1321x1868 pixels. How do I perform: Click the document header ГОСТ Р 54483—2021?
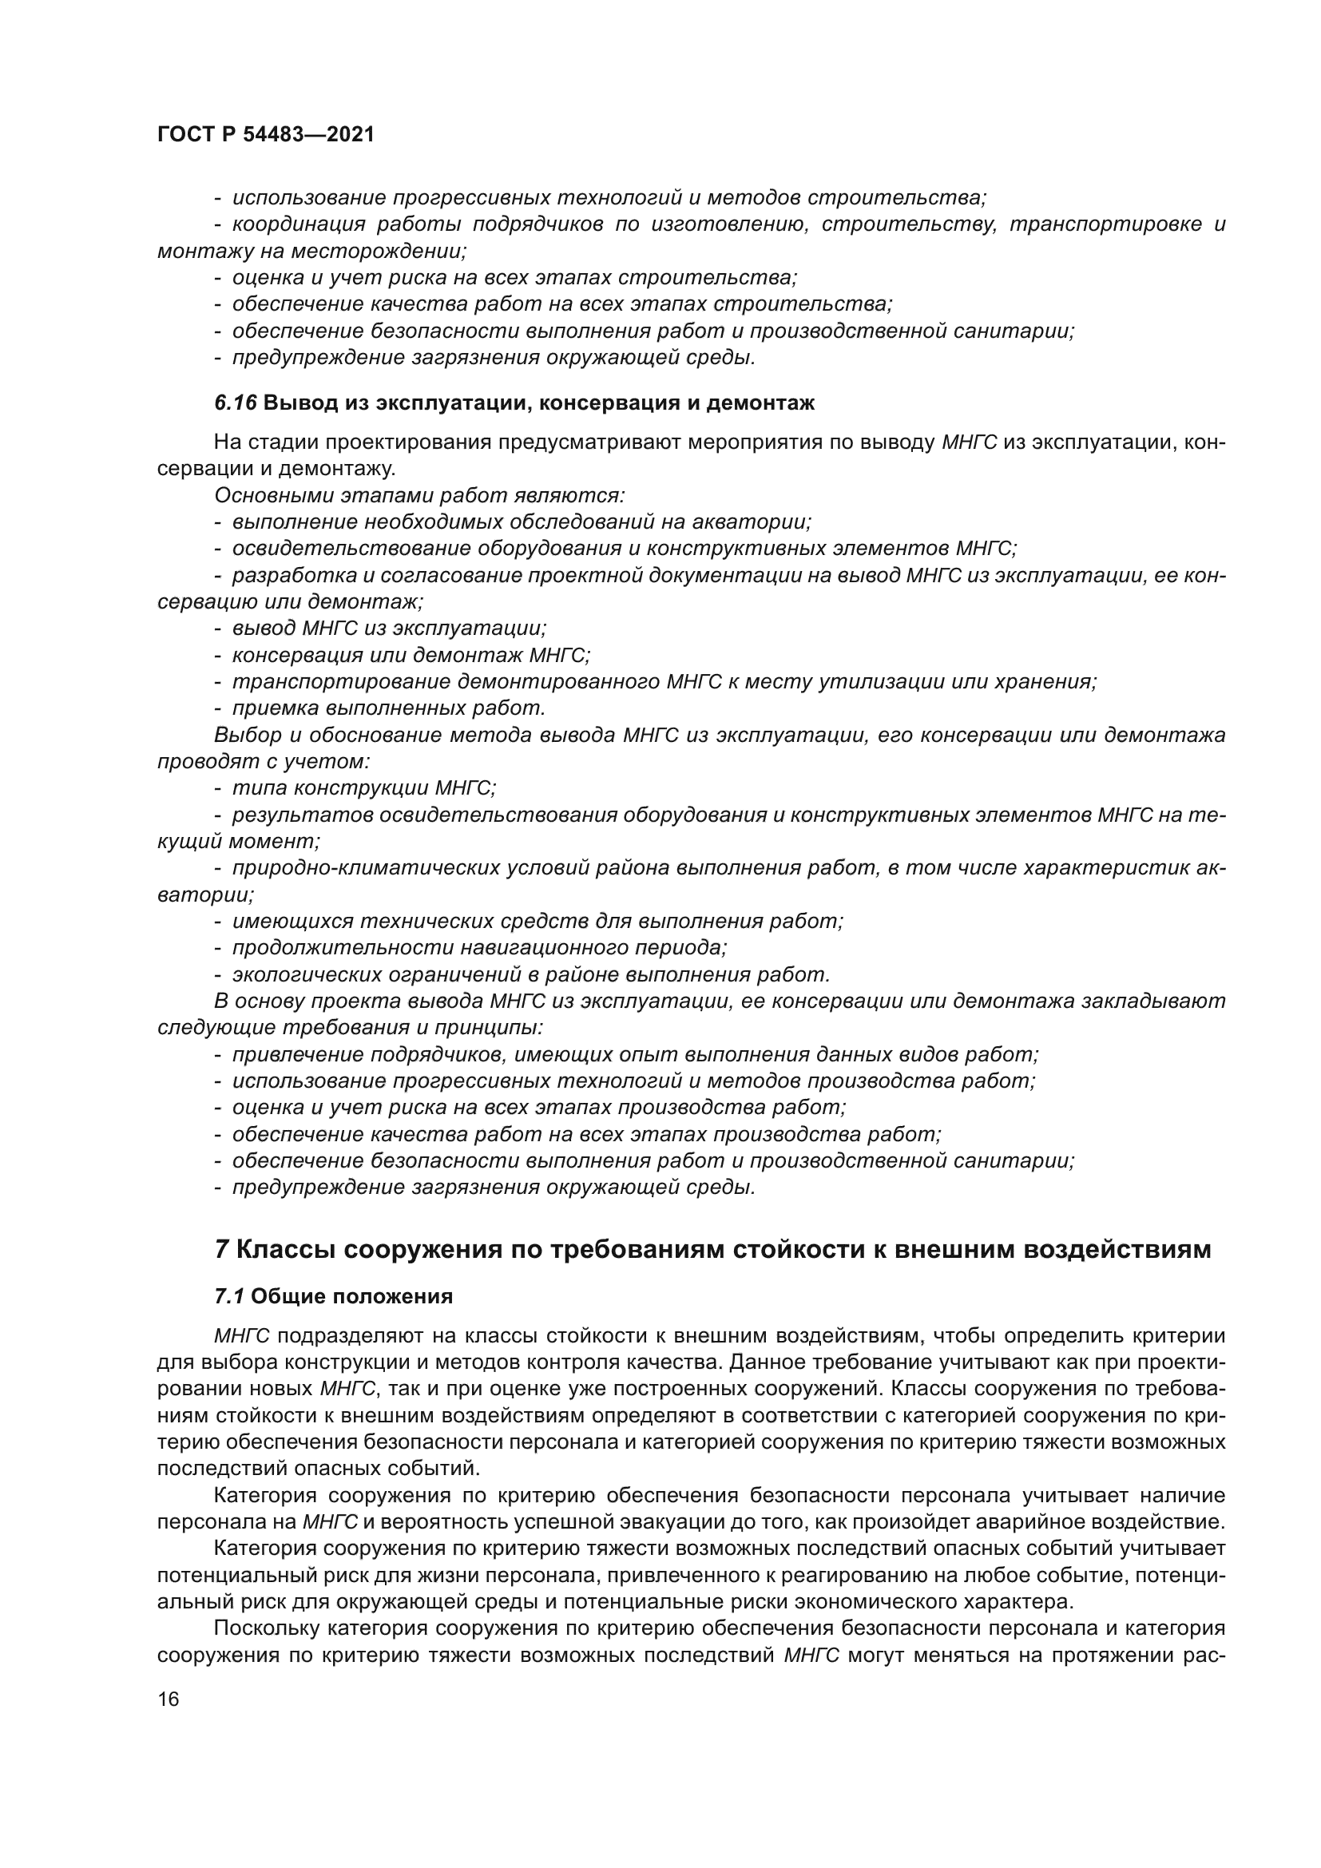click(x=265, y=135)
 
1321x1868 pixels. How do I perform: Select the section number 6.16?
click(x=235, y=403)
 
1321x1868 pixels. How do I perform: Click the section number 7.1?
click(x=229, y=1297)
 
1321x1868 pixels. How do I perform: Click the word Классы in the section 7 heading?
click(x=285, y=1250)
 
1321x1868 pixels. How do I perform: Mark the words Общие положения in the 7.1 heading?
click(x=352, y=1297)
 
